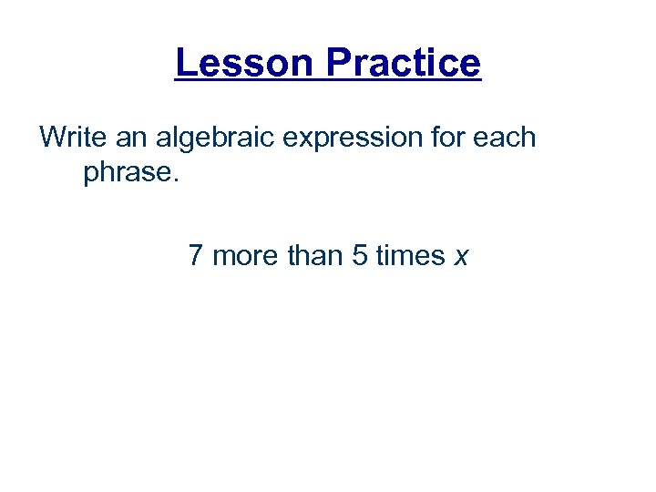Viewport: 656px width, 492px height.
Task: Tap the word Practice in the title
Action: (x=402, y=63)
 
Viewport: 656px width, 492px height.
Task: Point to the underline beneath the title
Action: (x=327, y=83)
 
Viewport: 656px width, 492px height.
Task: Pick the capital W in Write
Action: (x=52, y=138)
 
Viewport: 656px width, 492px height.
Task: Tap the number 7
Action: (x=195, y=256)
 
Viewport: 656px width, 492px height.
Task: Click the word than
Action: (x=314, y=256)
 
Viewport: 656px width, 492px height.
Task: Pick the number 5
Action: (x=359, y=256)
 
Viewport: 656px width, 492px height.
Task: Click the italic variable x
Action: (x=461, y=258)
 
